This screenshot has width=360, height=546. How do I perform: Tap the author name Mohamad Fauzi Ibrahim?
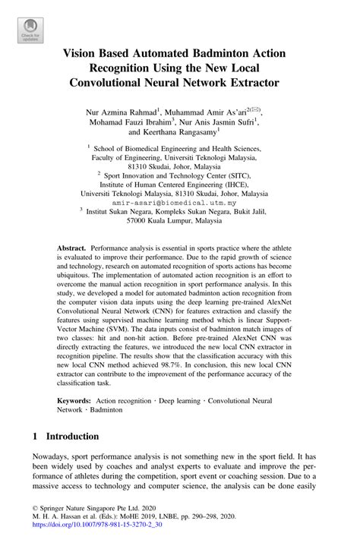[146, 120]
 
